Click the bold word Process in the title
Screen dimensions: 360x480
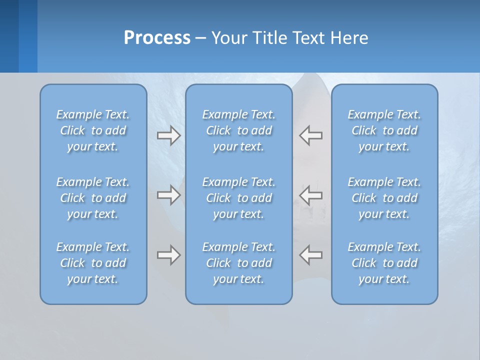(157, 38)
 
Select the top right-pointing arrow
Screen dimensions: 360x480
(168, 135)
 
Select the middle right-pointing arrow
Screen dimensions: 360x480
(168, 194)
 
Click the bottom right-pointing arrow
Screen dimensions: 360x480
(168, 255)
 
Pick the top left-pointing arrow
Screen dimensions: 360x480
(311, 135)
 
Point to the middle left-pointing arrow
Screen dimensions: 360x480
(311, 194)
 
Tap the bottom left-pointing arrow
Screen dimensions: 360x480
(311, 255)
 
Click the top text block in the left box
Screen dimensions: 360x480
(93, 130)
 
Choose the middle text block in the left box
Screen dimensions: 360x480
(93, 198)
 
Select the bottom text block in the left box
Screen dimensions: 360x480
(93, 263)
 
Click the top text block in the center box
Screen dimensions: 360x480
(238, 130)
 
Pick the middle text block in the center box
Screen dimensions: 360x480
(238, 198)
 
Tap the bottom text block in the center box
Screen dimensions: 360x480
(238, 263)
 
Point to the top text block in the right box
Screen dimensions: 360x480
(384, 130)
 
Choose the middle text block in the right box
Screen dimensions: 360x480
(384, 198)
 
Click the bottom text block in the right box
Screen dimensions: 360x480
(384, 263)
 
